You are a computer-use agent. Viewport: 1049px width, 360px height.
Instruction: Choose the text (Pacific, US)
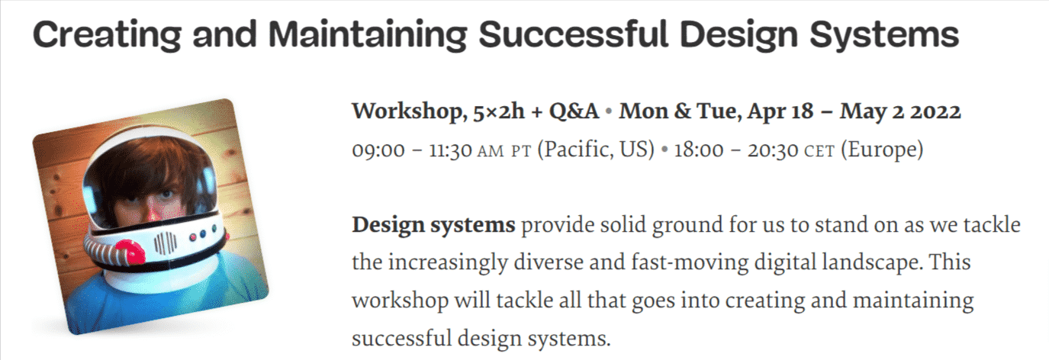pos(596,149)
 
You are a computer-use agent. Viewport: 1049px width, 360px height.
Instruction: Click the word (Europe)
pos(882,149)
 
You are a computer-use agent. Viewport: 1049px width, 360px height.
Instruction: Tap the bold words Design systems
pos(434,226)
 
